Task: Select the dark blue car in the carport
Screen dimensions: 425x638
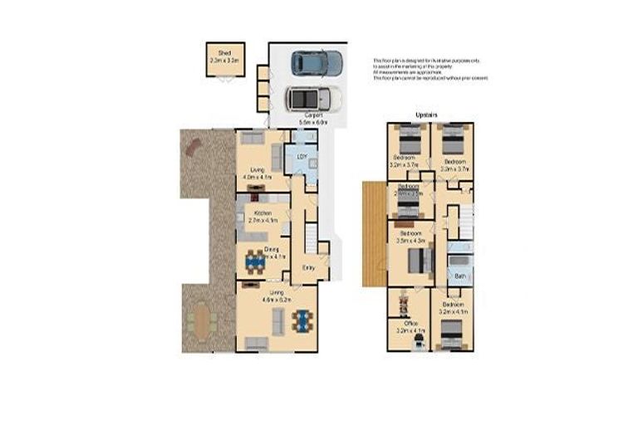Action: (317, 62)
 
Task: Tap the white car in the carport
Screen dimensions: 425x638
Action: (312, 98)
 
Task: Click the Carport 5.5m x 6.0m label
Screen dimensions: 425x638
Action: (314, 118)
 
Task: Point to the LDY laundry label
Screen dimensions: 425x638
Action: (301, 154)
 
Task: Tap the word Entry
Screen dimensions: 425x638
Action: (308, 267)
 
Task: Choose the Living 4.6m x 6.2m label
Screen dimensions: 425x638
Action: (273, 296)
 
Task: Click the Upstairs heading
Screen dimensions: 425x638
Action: (427, 115)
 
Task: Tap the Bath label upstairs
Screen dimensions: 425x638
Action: (459, 275)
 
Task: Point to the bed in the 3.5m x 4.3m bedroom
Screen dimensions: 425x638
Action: (419, 261)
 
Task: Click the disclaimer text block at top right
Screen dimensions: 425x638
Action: (430, 70)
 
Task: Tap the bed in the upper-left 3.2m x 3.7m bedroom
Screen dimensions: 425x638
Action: (409, 138)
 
